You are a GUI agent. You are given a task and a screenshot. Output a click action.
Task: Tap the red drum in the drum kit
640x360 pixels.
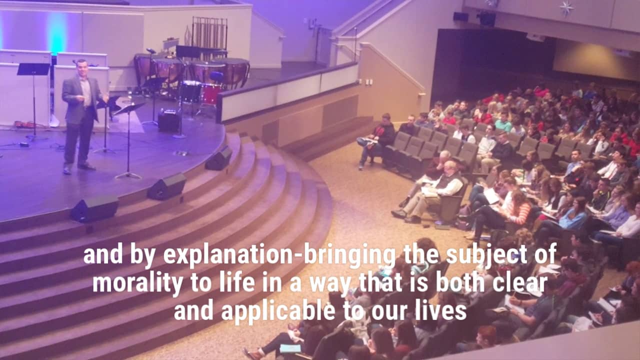[x=211, y=94]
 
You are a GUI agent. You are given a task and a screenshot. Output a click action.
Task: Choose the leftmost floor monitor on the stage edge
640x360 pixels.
[x=94, y=208]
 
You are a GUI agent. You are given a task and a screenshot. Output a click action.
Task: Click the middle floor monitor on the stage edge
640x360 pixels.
[x=167, y=186]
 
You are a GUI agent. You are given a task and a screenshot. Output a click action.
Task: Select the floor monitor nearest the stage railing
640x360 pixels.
[x=219, y=158]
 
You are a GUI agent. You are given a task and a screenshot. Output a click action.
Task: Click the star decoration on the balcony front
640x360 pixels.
[x=566, y=7]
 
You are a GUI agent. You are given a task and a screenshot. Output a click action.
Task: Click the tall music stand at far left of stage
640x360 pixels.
[x=33, y=100]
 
